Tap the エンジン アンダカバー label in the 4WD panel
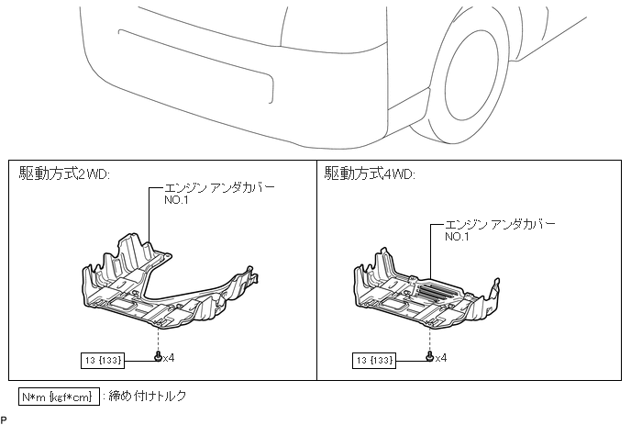pos(501,223)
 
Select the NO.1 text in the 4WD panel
pos(458,236)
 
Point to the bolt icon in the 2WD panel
pos(158,356)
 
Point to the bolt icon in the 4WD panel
pos(430,356)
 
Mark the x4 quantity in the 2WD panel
pos(169,357)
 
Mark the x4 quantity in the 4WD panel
pos(441,357)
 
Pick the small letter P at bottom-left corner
pos(4,419)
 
